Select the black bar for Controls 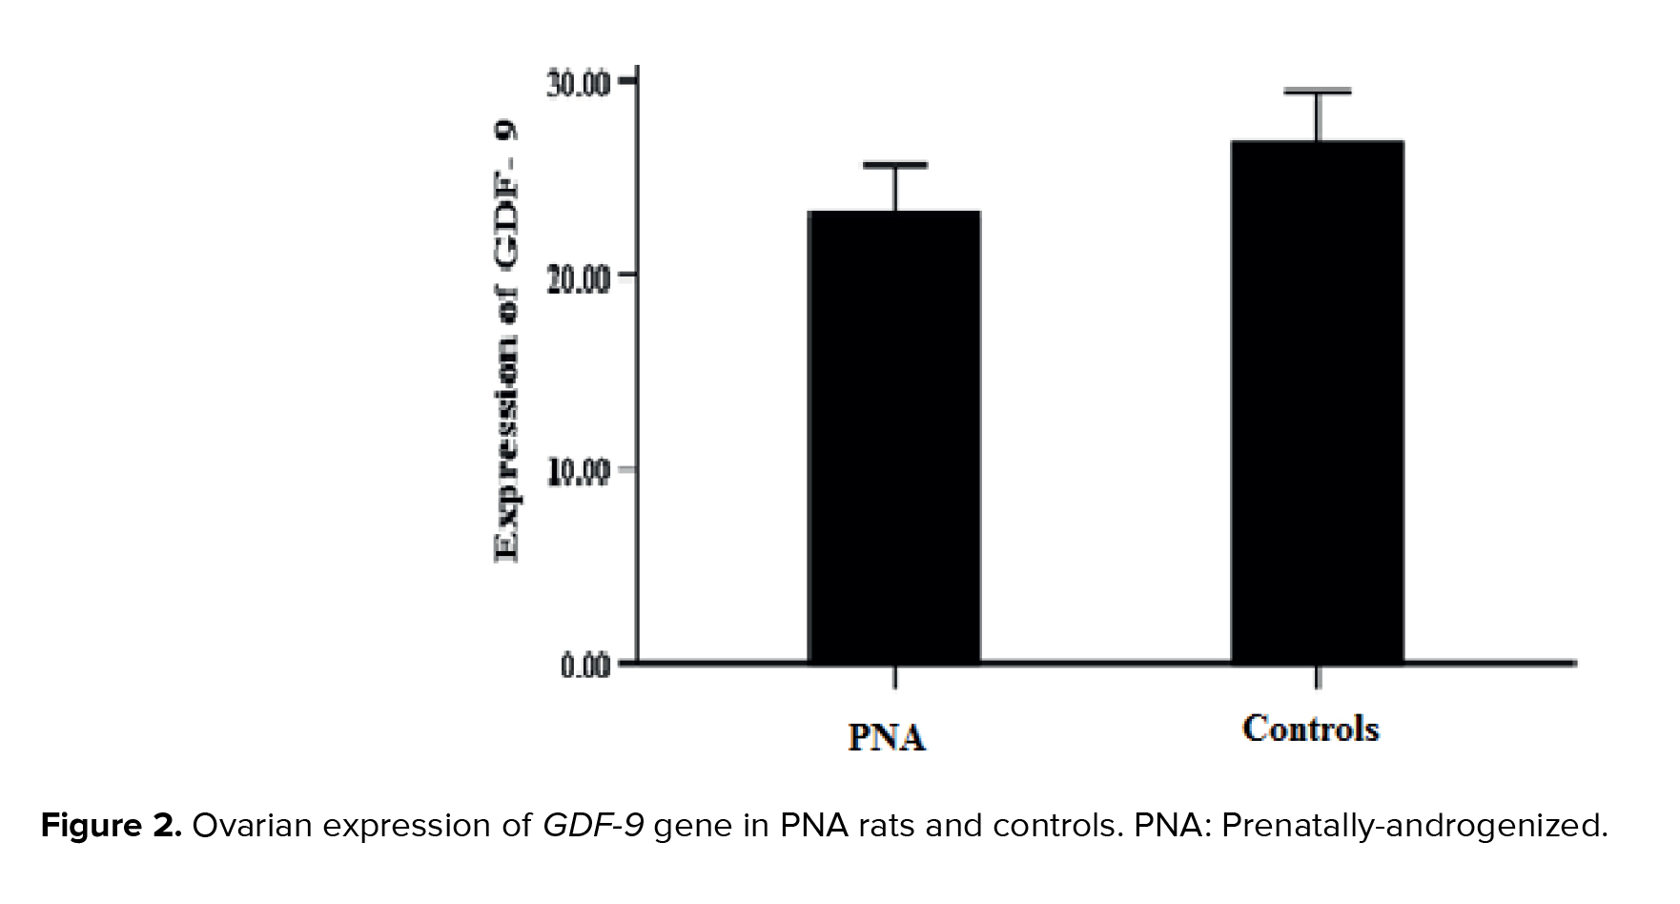pyautogui.click(x=1317, y=401)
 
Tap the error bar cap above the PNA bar pyautogui.click(x=894, y=165)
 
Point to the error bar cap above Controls pyautogui.click(x=1317, y=91)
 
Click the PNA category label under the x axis pyautogui.click(x=888, y=738)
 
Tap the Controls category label pyautogui.click(x=1311, y=729)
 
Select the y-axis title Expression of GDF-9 pyautogui.click(x=506, y=343)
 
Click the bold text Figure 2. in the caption pyautogui.click(x=111, y=826)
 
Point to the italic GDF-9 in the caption pyautogui.click(x=593, y=826)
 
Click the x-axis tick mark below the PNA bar pyautogui.click(x=894, y=676)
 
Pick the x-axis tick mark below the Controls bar pyautogui.click(x=1317, y=676)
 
